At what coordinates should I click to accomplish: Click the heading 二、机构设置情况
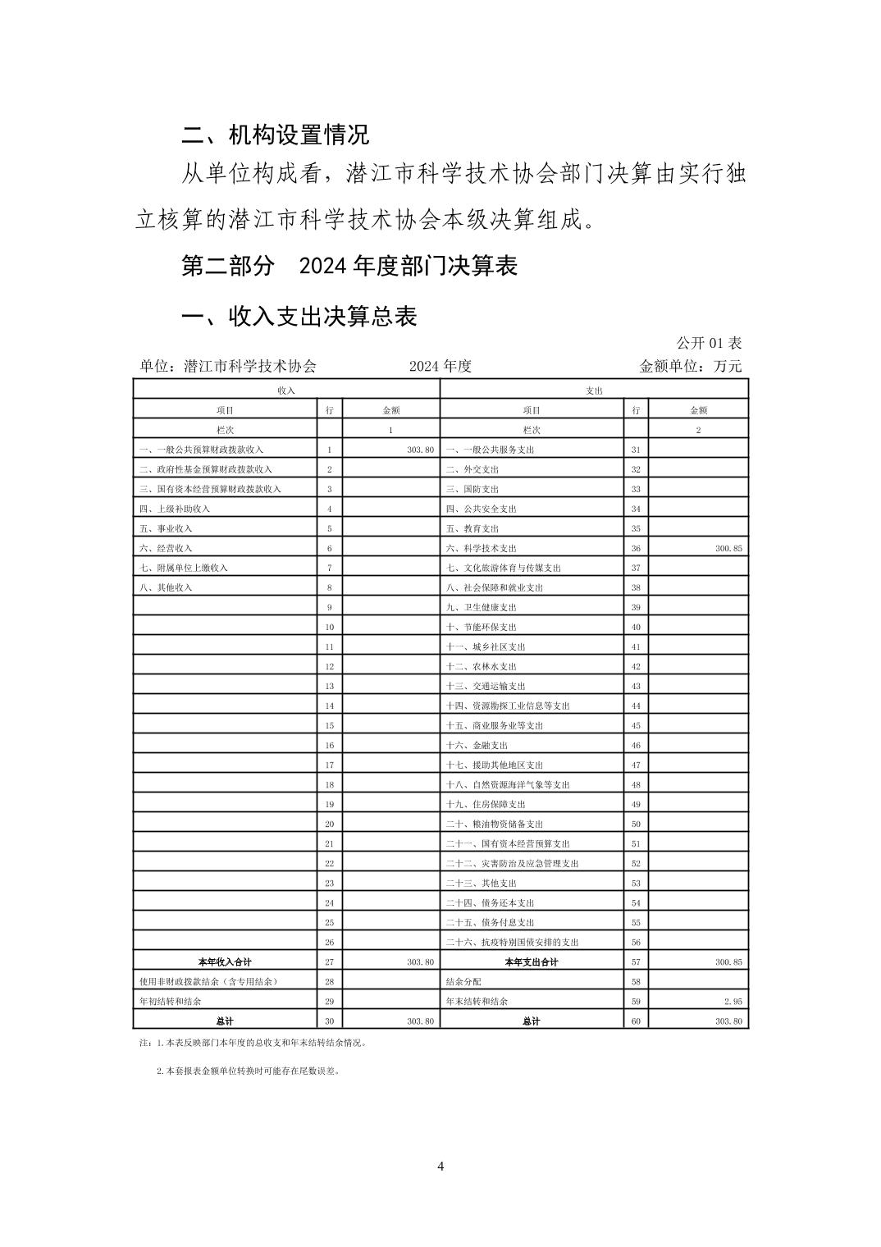coord(275,134)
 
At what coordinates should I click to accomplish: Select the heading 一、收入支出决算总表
coord(299,317)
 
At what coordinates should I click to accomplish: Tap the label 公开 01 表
coord(709,343)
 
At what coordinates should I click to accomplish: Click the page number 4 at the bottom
coord(440,1167)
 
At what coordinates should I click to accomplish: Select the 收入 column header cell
coord(286,391)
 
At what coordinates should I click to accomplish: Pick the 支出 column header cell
coord(594,391)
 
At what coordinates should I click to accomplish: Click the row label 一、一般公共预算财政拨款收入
coord(202,450)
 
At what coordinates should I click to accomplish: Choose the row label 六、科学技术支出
coord(482,548)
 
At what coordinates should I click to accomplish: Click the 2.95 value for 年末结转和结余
coord(733,1001)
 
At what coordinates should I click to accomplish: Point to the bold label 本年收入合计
coord(225,962)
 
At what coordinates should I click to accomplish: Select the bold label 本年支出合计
coord(531,962)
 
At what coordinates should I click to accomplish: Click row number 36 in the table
coord(636,548)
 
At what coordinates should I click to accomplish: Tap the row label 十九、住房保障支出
coord(486,804)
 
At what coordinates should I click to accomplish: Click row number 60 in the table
coord(636,1021)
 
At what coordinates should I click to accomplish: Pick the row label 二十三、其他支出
coord(482,883)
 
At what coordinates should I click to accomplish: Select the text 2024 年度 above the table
coord(440,366)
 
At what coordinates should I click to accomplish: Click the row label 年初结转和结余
coord(171,1001)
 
